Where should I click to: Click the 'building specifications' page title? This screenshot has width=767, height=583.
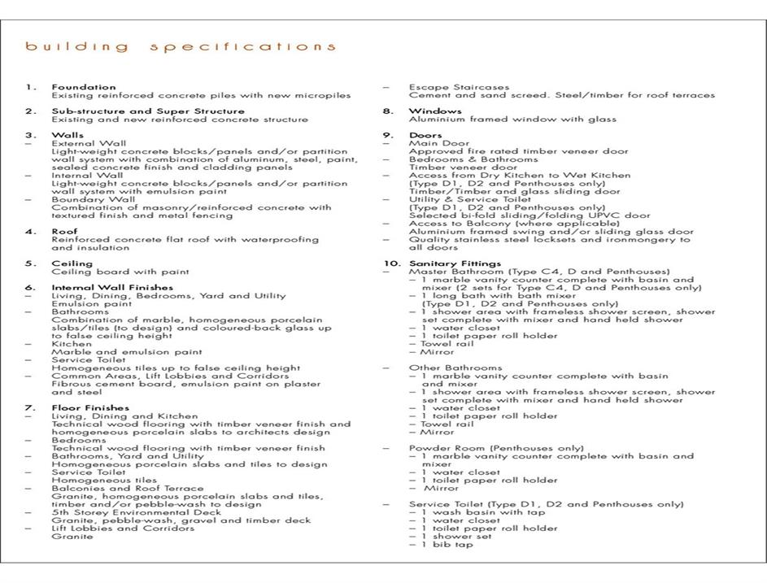click(x=180, y=47)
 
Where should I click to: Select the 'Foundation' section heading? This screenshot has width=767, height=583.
click(x=84, y=87)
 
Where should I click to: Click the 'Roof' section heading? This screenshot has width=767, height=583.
click(x=64, y=232)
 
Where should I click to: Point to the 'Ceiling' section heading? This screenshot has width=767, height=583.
click(x=72, y=263)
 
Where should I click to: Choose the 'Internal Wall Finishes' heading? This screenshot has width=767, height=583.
click(x=112, y=287)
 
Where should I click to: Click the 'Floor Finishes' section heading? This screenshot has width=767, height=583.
click(x=89, y=407)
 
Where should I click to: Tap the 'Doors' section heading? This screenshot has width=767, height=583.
click(x=425, y=136)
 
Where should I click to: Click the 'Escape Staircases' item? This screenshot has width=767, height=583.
click(x=459, y=87)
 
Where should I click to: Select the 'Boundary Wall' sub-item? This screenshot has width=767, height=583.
click(x=94, y=199)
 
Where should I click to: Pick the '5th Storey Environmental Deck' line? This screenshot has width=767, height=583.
click(x=136, y=512)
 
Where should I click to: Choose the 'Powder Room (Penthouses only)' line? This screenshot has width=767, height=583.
click(x=496, y=448)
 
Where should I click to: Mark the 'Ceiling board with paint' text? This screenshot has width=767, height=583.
click(x=120, y=272)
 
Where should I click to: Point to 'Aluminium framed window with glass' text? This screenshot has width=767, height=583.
click(x=512, y=120)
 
